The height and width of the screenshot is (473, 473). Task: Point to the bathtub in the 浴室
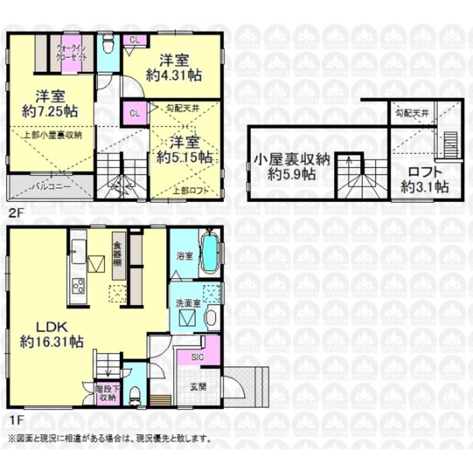(209, 252)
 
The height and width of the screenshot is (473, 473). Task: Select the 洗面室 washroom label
(188, 302)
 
